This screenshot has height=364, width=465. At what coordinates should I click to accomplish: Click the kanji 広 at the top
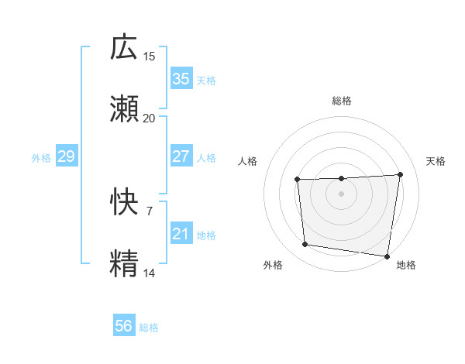[124, 47]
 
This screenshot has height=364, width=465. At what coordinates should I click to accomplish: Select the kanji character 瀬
[124, 109]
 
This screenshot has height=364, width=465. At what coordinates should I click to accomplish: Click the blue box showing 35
[181, 79]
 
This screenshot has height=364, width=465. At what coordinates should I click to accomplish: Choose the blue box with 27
[181, 156]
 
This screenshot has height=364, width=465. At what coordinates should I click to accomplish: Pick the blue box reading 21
[181, 233]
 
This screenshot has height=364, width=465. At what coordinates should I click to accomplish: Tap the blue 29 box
[66, 156]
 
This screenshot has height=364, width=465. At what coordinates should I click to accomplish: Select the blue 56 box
[124, 326]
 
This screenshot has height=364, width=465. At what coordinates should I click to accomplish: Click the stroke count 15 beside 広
[150, 57]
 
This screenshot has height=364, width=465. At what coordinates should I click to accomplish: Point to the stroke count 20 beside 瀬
[150, 118]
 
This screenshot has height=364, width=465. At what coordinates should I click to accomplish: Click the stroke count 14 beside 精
[150, 273]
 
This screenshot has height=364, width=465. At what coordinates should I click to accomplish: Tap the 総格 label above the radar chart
[342, 101]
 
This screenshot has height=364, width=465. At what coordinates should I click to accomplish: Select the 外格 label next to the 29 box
[41, 158]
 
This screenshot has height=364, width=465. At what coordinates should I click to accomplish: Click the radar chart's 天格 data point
[401, 174]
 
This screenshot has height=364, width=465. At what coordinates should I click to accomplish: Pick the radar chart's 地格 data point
[387, 256]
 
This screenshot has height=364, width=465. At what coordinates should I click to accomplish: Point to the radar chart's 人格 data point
[298, 180]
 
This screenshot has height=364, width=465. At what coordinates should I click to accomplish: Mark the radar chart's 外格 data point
[305, 245]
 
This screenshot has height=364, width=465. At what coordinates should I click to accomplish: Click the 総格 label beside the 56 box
[149, 328]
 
